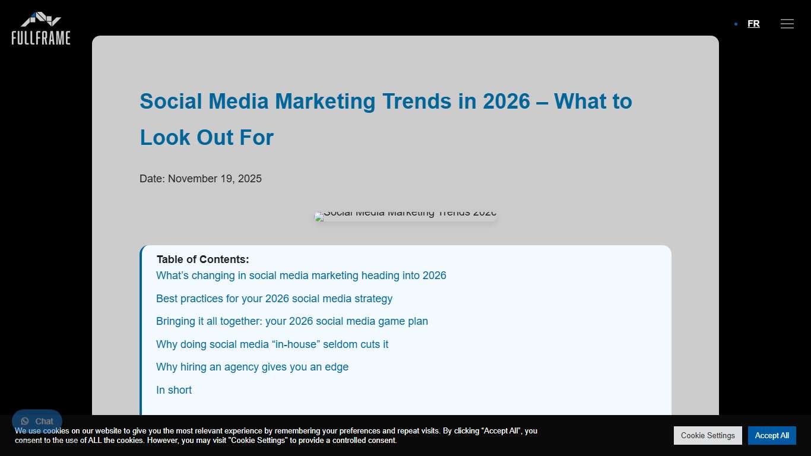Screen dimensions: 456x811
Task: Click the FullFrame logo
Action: pos(41,28)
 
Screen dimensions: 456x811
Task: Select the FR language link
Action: pos(753,24)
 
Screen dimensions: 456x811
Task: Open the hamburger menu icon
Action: pos(787,24)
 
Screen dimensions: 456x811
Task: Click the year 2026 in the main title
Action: pos(506,102)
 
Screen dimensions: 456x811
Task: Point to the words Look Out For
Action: pos(207,138)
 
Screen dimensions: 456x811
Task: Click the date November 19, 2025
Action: pos(214,179)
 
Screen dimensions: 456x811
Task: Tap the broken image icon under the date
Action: pos(319,217)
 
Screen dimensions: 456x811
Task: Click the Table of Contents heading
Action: pos(202,259)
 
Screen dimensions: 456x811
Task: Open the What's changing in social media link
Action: pos(301,275)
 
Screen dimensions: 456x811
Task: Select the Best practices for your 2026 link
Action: pos(274,299)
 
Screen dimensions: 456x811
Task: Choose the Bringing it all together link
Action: pos(292,321)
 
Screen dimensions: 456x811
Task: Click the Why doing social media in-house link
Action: pos(272,344)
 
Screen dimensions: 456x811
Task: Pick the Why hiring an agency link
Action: pos(252,367)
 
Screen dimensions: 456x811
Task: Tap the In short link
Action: pos(174,390)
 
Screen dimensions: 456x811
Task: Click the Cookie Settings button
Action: pos(708,435)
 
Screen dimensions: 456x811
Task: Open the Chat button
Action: pos(37,421)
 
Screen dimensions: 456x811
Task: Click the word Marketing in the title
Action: pos(325,102)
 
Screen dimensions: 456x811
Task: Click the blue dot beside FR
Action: pos(736,24)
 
